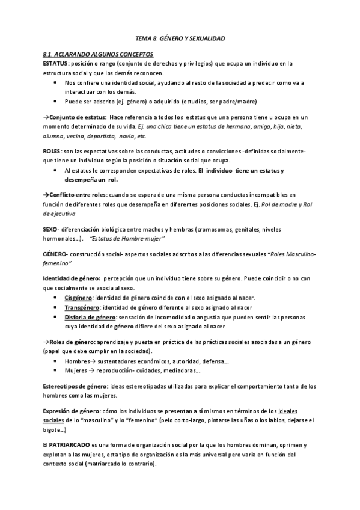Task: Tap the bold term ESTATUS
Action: (56, 63)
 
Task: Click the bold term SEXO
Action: (50, 230)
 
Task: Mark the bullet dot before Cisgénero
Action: (55, 298)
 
